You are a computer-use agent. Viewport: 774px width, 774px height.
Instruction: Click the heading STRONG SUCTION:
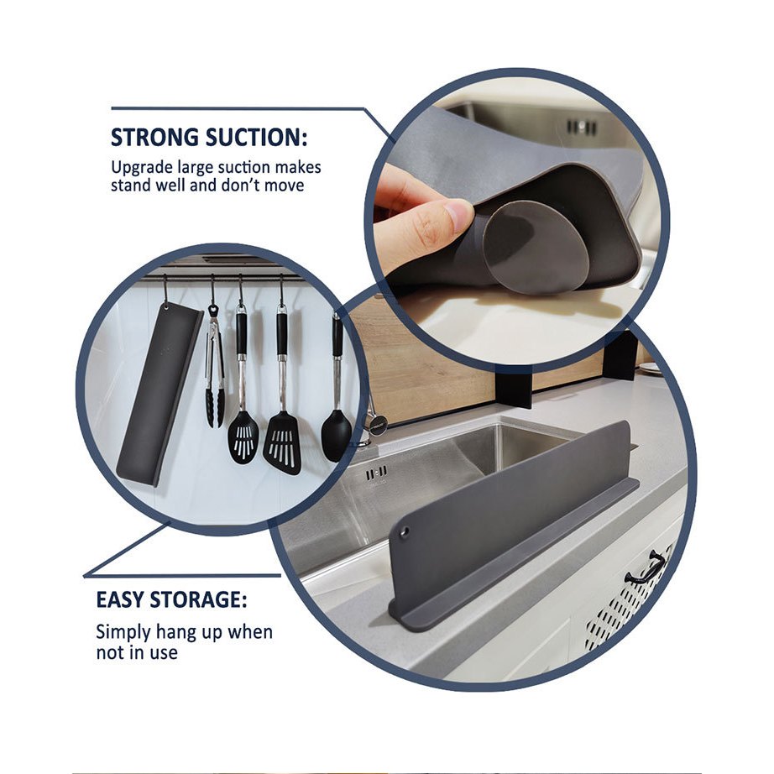tap(209, 137)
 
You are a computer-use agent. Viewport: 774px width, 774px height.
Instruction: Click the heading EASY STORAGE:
tap(171, 599)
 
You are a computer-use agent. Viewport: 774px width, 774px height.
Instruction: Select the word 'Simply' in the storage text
tap(123, 633)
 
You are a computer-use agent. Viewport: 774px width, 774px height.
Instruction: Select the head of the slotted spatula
tap(282, 443)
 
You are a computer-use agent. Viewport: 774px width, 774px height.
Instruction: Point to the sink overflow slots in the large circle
tap(377, 473)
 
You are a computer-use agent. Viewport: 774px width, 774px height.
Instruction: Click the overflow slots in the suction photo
tap(582, 127)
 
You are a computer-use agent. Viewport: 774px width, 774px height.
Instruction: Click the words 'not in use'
tap(137, 652)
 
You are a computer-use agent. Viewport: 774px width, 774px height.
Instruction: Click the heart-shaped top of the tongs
tap(213, 311)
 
